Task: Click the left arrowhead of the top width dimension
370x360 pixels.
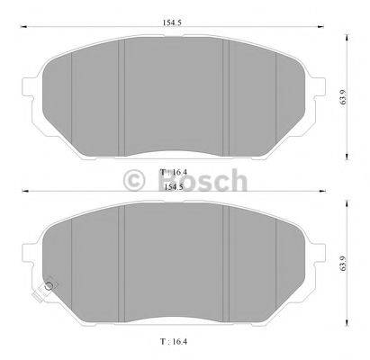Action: click(x=25, y=29)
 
